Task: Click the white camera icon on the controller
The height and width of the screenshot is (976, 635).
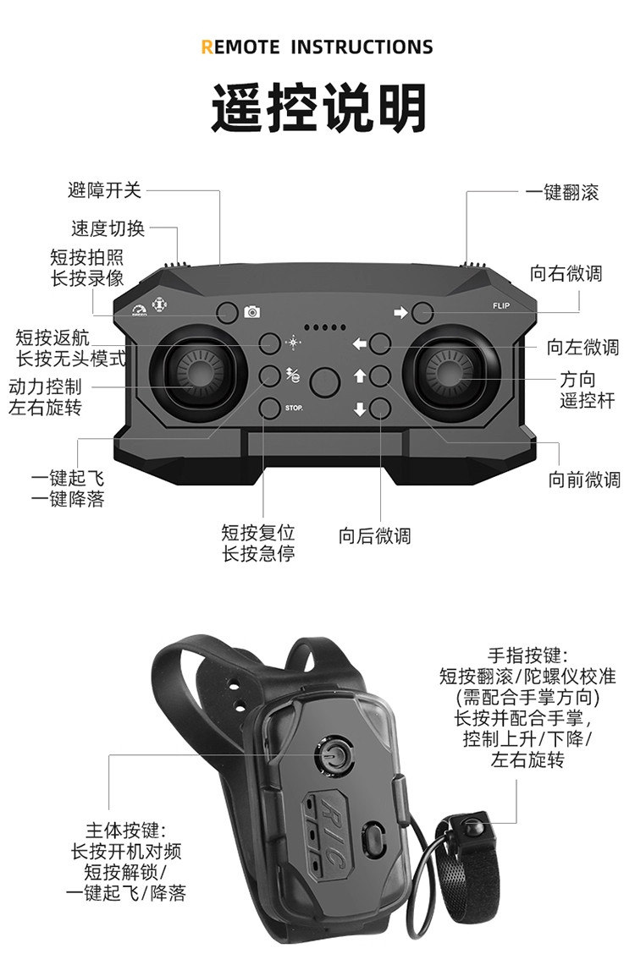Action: [x=251, y=312]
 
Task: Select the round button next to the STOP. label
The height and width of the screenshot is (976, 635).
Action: [x=269, y=408]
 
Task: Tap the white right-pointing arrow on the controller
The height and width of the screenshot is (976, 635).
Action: [x=400, y=313]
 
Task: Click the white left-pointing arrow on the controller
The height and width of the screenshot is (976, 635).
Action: [x=359, y=344]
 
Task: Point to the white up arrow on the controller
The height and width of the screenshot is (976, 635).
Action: [x=359, y=376]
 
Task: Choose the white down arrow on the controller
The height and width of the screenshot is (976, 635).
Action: [x=359, y=409]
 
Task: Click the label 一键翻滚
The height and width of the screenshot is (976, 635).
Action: [x=561, y=192]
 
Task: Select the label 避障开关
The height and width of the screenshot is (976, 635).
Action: [x=104, y=189]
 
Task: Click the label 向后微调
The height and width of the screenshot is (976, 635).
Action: [x=374, y=535]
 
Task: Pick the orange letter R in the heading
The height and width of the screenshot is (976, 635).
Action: [x=207, y=47]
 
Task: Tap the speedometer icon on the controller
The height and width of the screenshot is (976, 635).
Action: [x=139, y=310]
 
